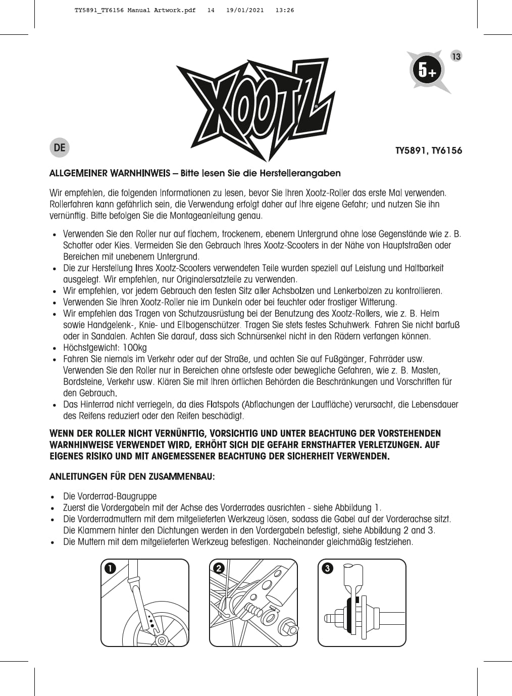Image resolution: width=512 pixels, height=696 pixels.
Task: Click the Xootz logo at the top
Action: [255, 109]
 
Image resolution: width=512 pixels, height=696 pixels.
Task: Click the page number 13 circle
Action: [456, 56]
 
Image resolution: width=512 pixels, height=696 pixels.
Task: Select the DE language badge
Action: [60, 147]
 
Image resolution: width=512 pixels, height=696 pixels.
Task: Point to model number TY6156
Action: [447, 151]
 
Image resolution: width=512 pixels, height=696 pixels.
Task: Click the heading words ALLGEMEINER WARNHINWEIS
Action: [110, 173]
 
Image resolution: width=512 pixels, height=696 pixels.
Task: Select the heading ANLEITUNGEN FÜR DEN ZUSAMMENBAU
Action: [132, 476]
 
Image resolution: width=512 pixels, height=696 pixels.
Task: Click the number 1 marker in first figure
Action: [110, 568]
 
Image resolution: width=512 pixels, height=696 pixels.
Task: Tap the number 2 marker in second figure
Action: [218, 568]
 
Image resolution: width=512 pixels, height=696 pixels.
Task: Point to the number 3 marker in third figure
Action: [327, 568]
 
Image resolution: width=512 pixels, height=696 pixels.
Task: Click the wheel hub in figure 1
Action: [162, 641]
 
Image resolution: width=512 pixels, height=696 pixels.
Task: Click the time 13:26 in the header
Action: [285, 10]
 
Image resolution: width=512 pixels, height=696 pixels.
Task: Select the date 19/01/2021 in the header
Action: [245, 10]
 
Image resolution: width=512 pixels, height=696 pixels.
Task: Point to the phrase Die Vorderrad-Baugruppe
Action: [110, 496]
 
